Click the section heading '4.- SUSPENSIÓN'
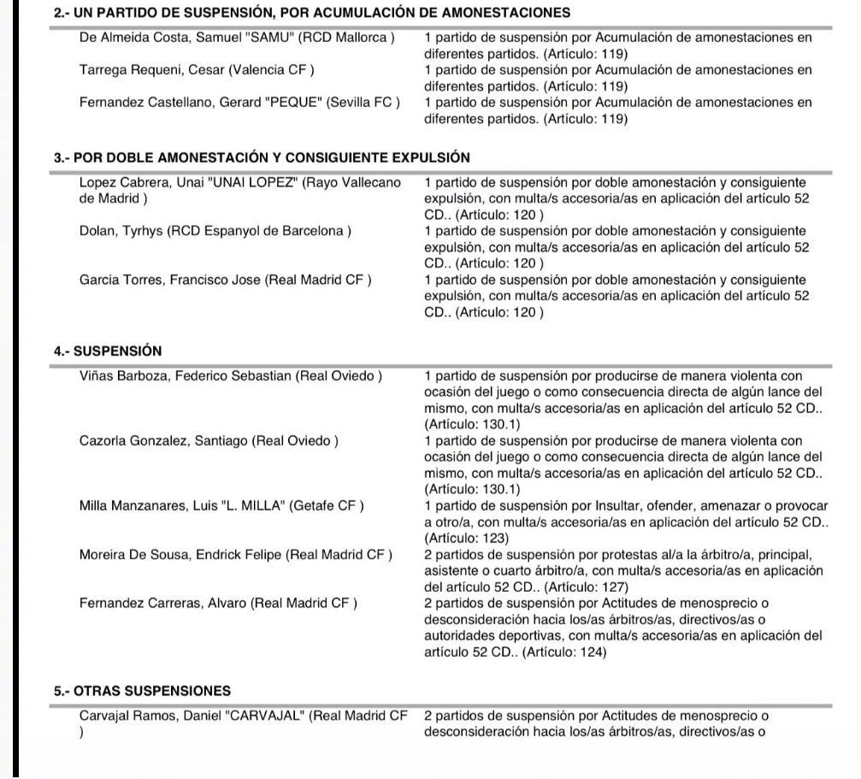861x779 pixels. [107, 351]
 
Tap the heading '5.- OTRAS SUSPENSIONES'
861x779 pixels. [142, 690]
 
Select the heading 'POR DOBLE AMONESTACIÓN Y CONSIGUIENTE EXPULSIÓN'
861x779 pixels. [271, 157]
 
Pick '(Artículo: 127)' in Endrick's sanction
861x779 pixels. [586, 587]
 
